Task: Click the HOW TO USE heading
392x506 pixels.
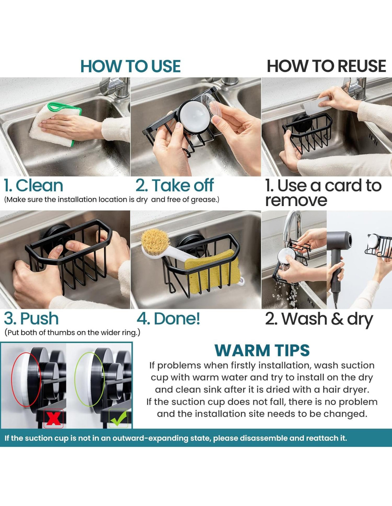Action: (x=130, y=66)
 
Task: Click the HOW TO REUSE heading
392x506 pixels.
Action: (x=326, y=66)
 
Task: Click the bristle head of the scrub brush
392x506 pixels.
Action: (x=155, y=241)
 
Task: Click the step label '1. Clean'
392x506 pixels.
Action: (x=33, y=186)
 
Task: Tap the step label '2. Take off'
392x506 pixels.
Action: (x=175, y=186)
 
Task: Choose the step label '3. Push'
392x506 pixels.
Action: (x=31, y=318)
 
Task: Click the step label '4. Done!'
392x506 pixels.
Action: (x=168, y=318)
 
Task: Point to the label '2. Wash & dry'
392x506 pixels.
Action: (x=319, y=319)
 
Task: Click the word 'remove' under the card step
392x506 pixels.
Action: (x=296, y=200)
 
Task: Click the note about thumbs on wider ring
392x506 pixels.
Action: (x=72, y=333)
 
